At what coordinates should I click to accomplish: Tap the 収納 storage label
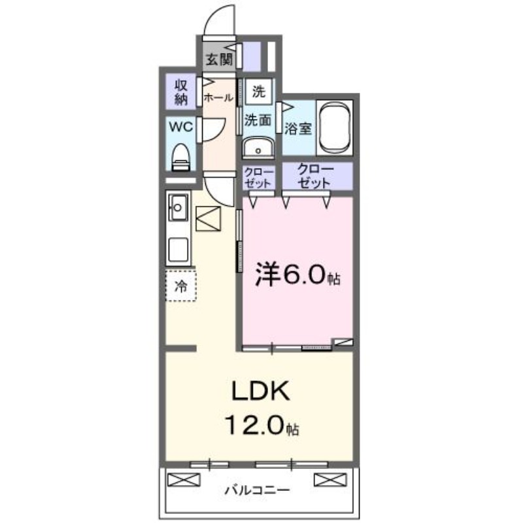pos(181,92)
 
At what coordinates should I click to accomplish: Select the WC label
pos(181,127)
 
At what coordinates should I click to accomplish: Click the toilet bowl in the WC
pos(181,155)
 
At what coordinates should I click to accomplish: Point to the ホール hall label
pos(218,98)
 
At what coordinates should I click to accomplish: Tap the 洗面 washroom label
pos(258,119)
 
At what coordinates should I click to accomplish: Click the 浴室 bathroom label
pos(298,128)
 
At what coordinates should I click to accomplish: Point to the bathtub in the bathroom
pos(334,127)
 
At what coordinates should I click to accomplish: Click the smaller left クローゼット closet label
pos(258,177)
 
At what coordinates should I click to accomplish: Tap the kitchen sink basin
pos(178,209)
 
